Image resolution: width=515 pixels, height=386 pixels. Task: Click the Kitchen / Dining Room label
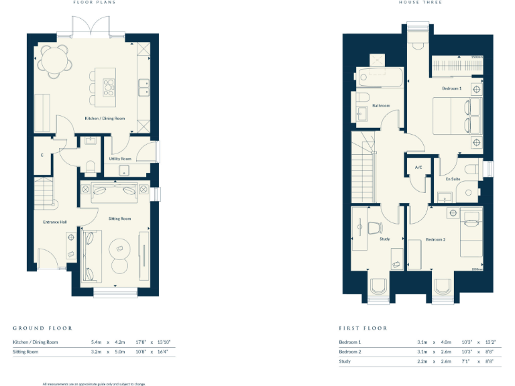point(105,119)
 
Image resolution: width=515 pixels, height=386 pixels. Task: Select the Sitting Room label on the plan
point(120,218)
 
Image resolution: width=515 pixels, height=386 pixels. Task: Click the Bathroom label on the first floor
point(382,105)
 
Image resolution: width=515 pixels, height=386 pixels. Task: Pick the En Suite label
point(453,179)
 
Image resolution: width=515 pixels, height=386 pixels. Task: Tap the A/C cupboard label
point(418,167)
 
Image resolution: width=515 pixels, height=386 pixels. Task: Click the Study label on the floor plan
point(384,239)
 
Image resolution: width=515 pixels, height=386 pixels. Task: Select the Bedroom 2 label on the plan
point(435,239)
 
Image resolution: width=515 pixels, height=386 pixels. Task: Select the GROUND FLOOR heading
point(42,328)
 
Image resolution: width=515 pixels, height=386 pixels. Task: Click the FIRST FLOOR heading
point(363,328)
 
